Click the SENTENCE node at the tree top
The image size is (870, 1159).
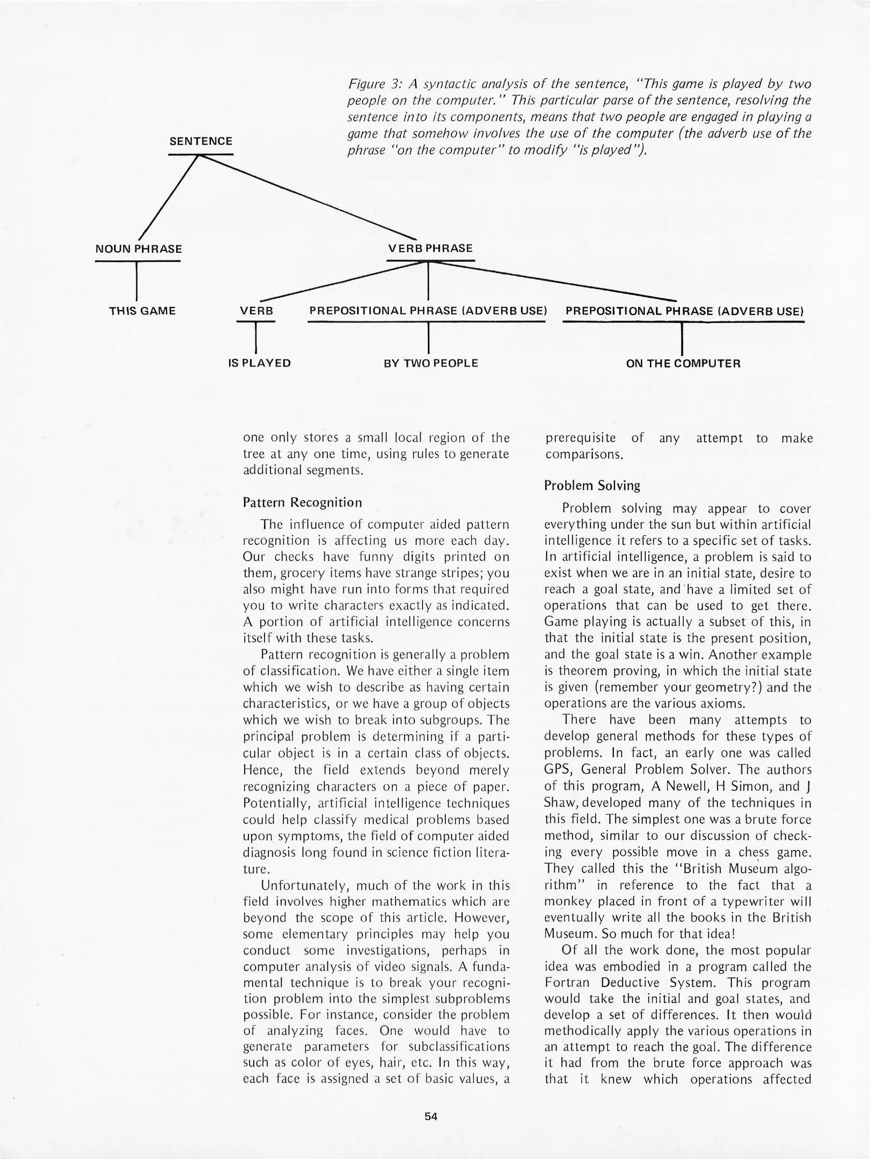coord(201,141)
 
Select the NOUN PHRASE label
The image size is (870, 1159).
coord(138,249)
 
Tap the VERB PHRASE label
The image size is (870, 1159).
coord(430,248)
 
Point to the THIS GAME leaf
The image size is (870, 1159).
coord(142,311)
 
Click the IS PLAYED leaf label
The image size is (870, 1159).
coord(259,363)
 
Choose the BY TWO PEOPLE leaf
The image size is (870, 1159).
coord(430,363)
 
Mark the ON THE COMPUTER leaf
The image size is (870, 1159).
coord(683,363)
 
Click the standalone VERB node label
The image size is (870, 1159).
coord(256,311)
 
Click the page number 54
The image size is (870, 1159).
coord(431,1117)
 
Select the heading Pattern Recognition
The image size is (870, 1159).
coord(302,503)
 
